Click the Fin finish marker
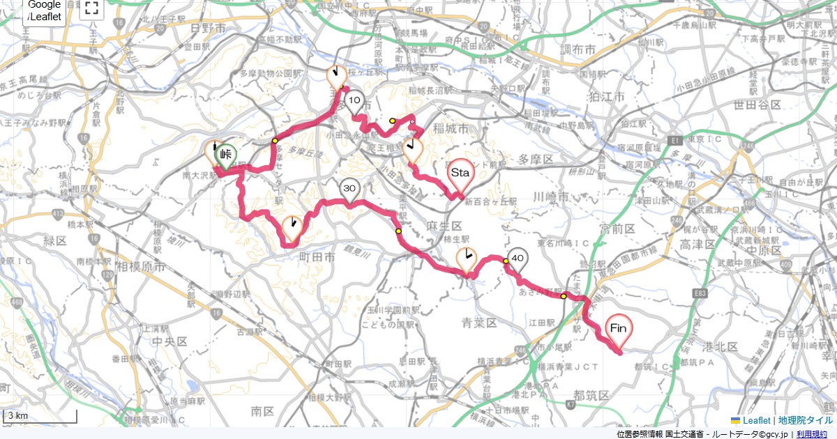click(618, 328)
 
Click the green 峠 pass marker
click(225, 155)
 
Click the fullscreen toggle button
click(91, 8)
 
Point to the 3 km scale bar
click(40, 416)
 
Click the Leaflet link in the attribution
click(756, 420)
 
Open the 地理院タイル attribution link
click(806, 420)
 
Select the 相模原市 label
click(141, 267)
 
